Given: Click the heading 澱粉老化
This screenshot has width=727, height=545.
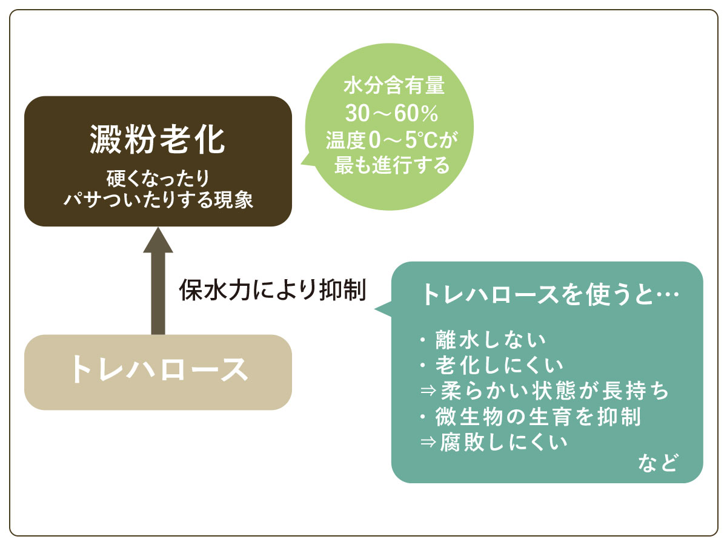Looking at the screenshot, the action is pos(158,140).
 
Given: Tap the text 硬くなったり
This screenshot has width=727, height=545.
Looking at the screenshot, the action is pos(158,179).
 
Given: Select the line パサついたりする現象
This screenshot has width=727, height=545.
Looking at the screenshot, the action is pos(158,200).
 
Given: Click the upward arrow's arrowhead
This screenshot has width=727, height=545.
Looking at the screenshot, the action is pos(158,240).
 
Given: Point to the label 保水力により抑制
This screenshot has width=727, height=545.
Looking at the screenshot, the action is pos(272,290).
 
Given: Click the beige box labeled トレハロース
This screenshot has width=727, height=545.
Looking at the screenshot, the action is pos(158,372).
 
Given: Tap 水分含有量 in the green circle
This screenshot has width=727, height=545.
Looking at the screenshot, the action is pos(394,85).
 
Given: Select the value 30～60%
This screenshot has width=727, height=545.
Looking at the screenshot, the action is pos(391,113).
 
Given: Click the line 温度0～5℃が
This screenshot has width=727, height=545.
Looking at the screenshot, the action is pos(392,140).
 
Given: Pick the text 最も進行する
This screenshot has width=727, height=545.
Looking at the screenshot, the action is pos(392,165).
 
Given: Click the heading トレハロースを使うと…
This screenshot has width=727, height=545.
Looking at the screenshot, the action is pos(551,294).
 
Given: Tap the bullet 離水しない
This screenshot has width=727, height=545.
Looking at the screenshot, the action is pos(483,340).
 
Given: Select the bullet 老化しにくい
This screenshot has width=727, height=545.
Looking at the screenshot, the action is pos(491,365).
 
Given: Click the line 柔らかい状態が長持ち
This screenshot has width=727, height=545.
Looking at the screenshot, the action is pos(545,391).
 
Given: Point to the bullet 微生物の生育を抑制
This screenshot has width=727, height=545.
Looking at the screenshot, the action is pos(530,416).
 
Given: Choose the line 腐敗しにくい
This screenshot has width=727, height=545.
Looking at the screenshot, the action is pos(494,442).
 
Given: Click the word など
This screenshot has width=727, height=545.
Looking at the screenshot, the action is pos(658,463).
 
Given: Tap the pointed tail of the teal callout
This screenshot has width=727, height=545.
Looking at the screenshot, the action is pos(375,309).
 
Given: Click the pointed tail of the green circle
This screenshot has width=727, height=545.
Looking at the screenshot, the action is pos(300,163).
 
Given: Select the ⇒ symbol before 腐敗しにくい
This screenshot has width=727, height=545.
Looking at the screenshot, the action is pos(428,442).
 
